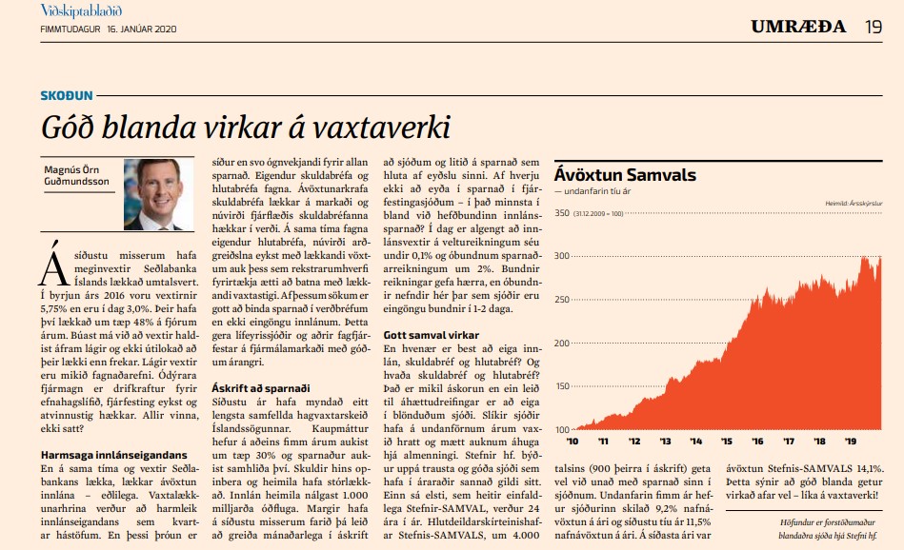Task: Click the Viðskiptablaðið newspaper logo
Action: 81,11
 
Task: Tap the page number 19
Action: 874,26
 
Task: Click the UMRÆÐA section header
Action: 798,26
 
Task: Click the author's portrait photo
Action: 152,194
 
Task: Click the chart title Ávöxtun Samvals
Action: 625,175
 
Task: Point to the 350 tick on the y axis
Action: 562,213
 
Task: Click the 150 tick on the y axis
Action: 562,384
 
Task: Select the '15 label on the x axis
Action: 726,441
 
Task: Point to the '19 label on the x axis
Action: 848,441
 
